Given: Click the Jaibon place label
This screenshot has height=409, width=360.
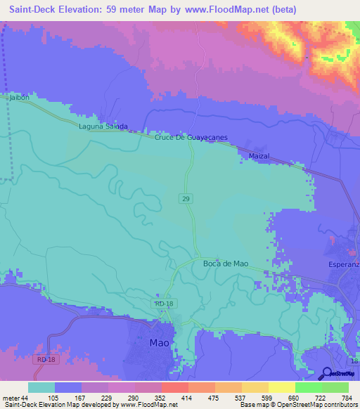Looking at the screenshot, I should (19, 98).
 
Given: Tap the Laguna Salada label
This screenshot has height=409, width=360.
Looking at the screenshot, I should (103, 126).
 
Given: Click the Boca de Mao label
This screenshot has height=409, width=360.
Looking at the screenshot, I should (225, 264).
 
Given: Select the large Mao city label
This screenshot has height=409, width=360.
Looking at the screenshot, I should (160, 344).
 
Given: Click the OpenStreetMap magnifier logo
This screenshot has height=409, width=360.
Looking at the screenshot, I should (328, 373).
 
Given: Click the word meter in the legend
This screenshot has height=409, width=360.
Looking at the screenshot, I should (11, 398).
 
